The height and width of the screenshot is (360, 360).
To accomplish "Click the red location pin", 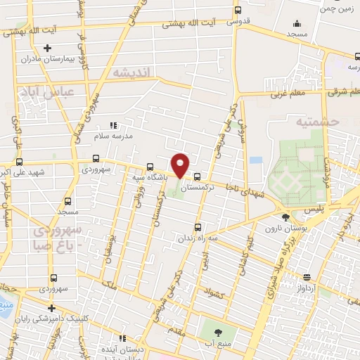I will (181, 165).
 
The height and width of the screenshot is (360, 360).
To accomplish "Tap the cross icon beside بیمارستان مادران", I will (47, 49).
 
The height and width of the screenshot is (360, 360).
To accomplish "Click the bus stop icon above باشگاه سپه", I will (150, 167).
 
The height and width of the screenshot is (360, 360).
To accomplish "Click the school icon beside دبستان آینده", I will (122, 337).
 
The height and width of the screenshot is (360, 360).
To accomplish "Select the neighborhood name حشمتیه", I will (318, 122).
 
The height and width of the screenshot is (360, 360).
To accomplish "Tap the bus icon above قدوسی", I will (238, 10).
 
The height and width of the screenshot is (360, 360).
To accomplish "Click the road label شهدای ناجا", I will (243, 188).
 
